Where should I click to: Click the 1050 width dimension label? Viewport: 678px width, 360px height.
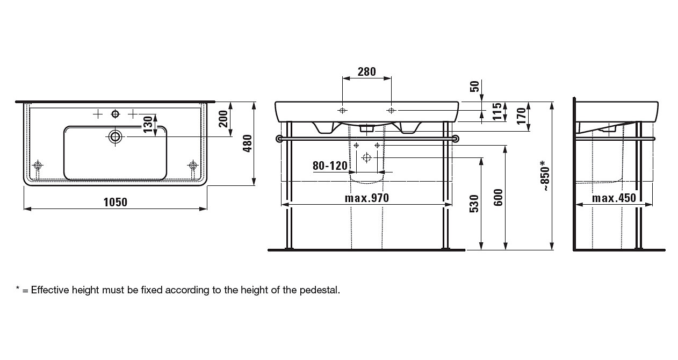[116, 202]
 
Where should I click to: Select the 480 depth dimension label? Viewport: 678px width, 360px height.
[248, 143]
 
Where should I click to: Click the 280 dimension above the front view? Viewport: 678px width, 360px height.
[366, 71]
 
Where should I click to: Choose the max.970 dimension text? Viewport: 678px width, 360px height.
[366, 198]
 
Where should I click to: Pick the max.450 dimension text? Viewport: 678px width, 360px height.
[614, 198]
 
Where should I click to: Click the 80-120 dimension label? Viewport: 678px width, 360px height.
[330, 165]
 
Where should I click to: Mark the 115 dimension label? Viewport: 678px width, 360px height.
[497, 112]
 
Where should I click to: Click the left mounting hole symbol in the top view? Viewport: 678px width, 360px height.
[38, 164]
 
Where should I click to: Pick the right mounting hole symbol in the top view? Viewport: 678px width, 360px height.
[193, 164]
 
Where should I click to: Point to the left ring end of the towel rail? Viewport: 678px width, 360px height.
[279, 139]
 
